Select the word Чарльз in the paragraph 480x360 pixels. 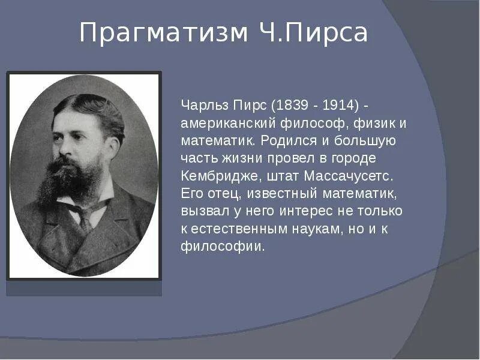point(202,106)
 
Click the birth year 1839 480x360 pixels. point(287,106)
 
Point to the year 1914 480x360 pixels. point(340,106)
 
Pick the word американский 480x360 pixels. point(228,124)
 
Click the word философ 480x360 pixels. point(307,124)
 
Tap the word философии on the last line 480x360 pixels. point(223,247)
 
